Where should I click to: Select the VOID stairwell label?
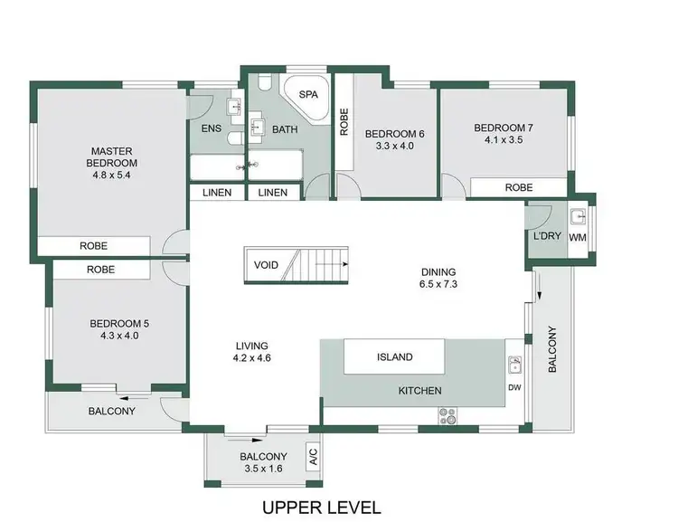pyautogui.click(x=267, y=265)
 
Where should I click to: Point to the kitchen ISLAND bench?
pyautogui.click(x=394, y=356)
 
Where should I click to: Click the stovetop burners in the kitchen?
pyautogui.click(x=447, y=416)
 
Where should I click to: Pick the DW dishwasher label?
pyautogui.click(x=514, y=388)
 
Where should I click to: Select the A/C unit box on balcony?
pyautogui.click(x=313, y=456)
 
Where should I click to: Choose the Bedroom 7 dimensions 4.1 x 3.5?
pyautogui.click(x=504, y=140)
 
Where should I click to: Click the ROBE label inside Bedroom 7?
pyautogui.click(x=518, y=187)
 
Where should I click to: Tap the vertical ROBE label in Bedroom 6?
pyautogui.click(x=344, y=122)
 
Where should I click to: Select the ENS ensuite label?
pyautogui.click(x=211, y=128)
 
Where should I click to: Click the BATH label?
pyautogui.click(x=285, y=129)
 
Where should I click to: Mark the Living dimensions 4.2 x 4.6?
pyautogui.click(x=253, y=357)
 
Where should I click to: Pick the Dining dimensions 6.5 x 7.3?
pyautogui.click(x=438, y=284)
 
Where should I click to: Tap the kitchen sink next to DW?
pyautogui.click(x=514, y=365)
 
